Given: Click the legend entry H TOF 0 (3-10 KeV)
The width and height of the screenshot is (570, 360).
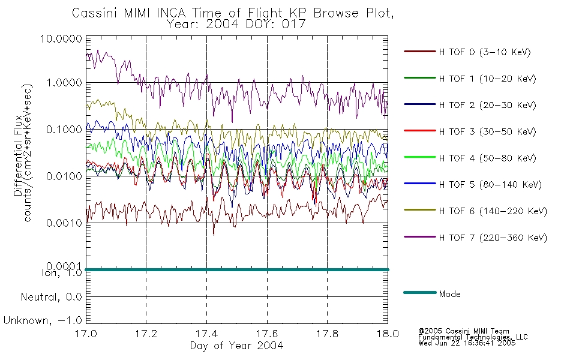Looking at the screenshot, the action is pos(485,52).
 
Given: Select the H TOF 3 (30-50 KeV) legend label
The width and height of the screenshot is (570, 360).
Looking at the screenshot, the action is pos(487,131).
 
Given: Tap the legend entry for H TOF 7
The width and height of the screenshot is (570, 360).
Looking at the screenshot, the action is pos(493,238).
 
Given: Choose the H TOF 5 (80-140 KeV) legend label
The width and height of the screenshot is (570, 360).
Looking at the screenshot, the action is pos(490,185).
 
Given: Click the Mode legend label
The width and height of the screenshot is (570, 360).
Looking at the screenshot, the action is pos(449,294).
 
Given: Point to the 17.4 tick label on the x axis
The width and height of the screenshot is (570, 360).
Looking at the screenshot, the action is pos(206,334).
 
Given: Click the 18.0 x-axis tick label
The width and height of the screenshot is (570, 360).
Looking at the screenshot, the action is pos(388,334).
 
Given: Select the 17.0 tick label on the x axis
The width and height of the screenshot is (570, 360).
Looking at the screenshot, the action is pos(86,334).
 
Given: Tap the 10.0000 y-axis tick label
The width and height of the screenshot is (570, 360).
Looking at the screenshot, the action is pos(61,38).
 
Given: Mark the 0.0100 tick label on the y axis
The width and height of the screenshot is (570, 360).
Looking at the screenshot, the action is pos(64,176).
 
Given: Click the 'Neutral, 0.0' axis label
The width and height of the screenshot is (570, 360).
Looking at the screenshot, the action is pos(51,298).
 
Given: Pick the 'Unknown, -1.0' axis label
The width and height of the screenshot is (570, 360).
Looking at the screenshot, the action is pos(43,321).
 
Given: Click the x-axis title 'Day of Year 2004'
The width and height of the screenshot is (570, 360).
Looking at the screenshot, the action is pos(236,346).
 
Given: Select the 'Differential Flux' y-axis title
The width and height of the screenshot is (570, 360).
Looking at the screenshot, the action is pos(18,155).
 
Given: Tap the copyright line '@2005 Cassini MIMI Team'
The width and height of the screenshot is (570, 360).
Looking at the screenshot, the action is pos(463,331).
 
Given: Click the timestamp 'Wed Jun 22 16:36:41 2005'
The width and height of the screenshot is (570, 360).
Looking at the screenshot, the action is pos(467,343).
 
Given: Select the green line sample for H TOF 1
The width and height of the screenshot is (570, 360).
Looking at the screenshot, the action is pos(420,78).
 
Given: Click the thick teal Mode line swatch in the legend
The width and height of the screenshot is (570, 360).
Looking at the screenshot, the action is pos(420,292).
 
